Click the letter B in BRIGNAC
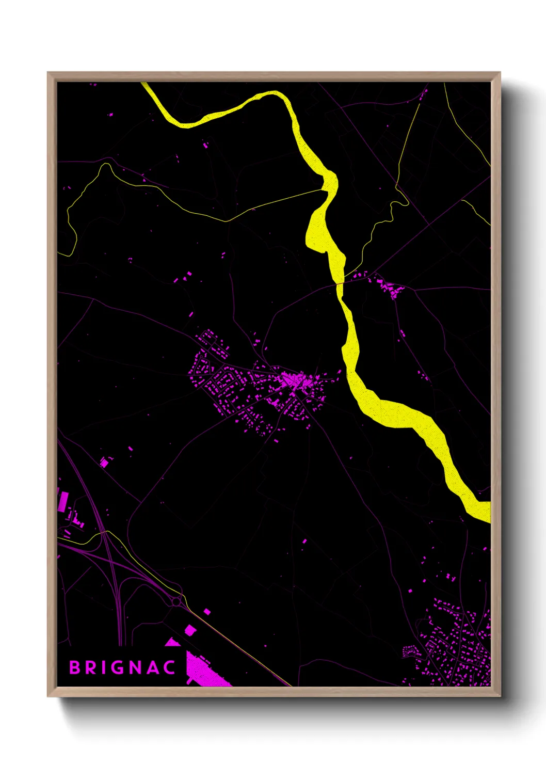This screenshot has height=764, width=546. point(75,667)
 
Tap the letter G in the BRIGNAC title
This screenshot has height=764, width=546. point(118,667)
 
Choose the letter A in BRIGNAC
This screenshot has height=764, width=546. point(153,667)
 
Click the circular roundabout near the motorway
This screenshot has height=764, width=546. point(176,601)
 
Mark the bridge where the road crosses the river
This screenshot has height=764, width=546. point(340,283)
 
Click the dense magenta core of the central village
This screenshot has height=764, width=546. point(293,381)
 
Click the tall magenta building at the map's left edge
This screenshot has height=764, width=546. point(63,501)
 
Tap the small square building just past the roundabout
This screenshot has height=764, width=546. point(207,612)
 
